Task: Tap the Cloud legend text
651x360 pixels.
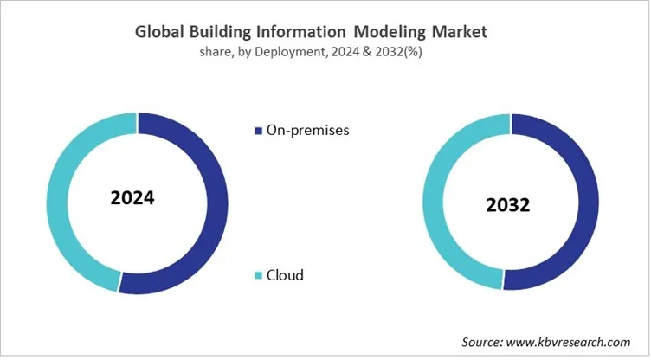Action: click(x=285, y=275)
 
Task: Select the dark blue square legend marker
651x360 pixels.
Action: click(x=257, y=131)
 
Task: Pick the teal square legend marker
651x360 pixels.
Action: click(x=257, y=276)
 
